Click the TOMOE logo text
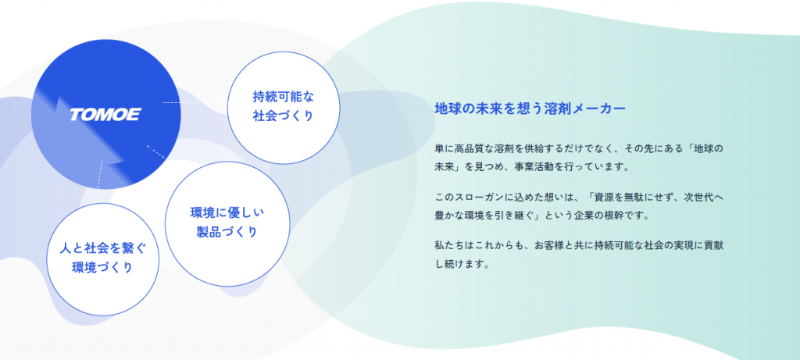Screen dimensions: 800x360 [105, 115]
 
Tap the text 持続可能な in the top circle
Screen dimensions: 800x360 [283, 96]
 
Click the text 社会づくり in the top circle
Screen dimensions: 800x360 [283, 116]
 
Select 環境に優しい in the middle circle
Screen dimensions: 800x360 [227, 212]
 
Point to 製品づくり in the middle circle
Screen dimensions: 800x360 [227, 233]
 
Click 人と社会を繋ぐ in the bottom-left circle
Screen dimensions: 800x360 [102, 248]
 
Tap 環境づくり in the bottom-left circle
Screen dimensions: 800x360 [102, 268]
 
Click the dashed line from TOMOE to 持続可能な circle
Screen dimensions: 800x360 [195, 102]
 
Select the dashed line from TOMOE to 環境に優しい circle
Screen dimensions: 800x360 [155, 151]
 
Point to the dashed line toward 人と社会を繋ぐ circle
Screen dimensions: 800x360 [99, 181]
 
